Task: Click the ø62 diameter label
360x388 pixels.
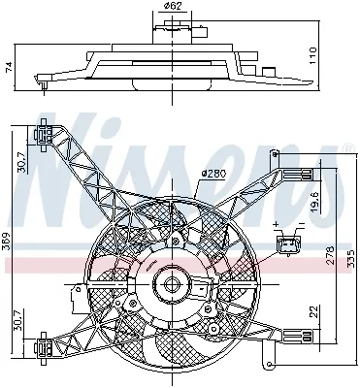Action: coord(172,8)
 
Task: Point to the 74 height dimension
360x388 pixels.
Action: coord(10,66)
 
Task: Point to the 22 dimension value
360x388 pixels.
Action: coord(313,311)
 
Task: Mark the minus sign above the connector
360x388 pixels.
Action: coord(302,226)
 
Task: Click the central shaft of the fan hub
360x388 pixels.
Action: coord(172,286)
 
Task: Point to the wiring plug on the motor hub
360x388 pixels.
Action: coord(203,290)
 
